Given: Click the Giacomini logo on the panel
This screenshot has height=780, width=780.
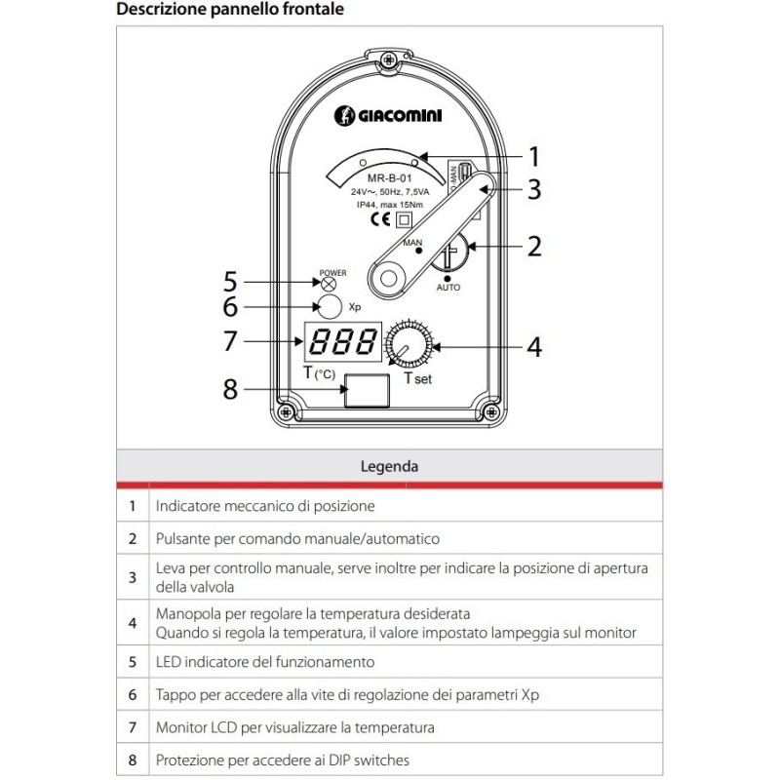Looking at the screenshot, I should [389, 115].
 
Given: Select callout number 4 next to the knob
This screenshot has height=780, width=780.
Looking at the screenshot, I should [533, 346].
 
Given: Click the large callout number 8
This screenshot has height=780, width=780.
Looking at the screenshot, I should [230, 389].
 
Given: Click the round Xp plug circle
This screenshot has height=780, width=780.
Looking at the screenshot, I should [331, 306].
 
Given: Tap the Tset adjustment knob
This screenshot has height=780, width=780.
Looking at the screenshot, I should [405, 344].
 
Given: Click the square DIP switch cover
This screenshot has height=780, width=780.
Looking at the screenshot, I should [367, 389].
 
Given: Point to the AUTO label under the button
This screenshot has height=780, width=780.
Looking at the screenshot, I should [448, 289].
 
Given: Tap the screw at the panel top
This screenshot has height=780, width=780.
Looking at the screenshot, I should [389, 60].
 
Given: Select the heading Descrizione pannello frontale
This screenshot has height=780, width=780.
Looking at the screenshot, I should [229, 11].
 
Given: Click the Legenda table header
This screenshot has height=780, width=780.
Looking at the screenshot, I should [389, 466].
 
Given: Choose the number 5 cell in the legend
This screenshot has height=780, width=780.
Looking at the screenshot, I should [132, 661].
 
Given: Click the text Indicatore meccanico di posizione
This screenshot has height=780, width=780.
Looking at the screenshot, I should [264, 507].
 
